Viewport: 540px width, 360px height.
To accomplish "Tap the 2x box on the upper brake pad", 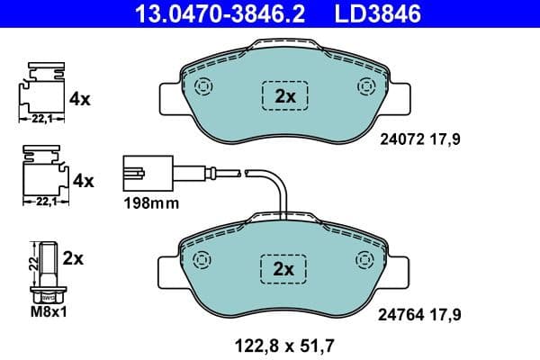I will click(284, 95).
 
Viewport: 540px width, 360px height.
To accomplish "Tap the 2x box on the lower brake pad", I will click(284, 269).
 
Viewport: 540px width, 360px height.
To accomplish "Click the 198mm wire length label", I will click(150, 204).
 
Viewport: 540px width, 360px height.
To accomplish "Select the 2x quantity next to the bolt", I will click(74, 259).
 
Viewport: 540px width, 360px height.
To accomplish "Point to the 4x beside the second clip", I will click(83, 181).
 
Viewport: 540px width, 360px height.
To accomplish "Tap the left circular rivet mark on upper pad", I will click(202, 87).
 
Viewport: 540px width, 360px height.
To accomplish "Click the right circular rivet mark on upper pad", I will click(365, 87).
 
